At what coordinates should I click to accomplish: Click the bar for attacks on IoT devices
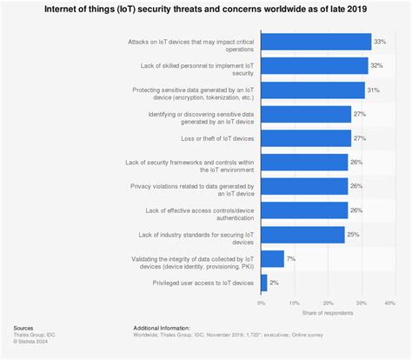pyautogui.click(x=316, y=42)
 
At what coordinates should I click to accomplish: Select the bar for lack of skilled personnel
pyautogui.click(x=314, y=66)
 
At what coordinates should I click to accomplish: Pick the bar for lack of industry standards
pyautogui.click(x=302, y=235)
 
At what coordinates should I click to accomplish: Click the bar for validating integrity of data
pyautogui.click(x=273, y=258)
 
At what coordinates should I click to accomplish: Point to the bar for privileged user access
pyautogui.click(x=264, y=283)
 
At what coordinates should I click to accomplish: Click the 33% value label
pyautogui.click(x=380, y=42)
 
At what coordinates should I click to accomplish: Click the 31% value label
pyautogui.click(x=373, y=90)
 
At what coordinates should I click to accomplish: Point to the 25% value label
pyautogui.click(x=353, y=235)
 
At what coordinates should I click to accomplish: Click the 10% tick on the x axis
pyautogui.click(x=293, y=303)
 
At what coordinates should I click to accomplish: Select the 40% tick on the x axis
pyautogui.click(x=389, y=303)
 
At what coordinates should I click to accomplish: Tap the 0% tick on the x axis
pyautogui.click(x=262, y=303)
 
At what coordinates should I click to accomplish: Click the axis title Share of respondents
pyautogui.click(x=325, y=312)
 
